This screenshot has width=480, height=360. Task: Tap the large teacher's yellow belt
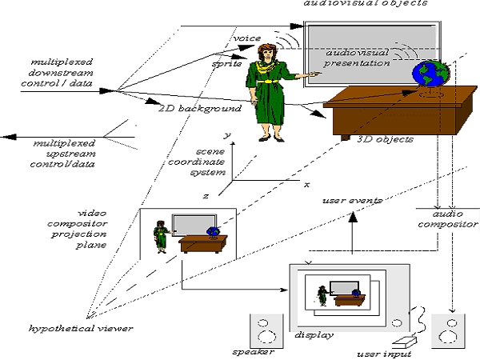[x=267, y=82]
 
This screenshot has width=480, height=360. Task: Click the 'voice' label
[x=247, y=38]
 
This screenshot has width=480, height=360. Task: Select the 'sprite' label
[x=227, y=64]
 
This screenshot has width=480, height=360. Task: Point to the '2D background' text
[x=200, y=109]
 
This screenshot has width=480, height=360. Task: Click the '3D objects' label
[x=385, y=139]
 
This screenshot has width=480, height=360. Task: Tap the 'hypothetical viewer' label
[x=81, y=329]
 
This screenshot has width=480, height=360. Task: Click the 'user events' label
[x=353, y=201]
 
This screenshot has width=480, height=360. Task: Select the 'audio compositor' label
[x=448, y=219]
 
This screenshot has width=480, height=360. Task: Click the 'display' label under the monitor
[x=314, y=335]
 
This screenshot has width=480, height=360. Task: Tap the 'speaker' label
[x=253, y=352]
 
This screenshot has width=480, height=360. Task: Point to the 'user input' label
[x=384, y=354]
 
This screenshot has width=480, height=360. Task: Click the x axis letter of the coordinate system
[x=306, y=185]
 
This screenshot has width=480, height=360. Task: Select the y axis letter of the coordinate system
[x=227, y=135]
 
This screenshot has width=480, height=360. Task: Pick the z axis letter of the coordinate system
[x=206, y=196]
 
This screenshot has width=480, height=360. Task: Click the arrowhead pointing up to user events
[x=353, y=217]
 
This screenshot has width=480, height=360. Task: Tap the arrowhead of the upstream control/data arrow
[x=8, y=137]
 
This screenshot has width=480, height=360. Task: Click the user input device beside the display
[x=405, y=342]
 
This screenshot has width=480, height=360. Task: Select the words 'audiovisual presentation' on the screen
[x=357, y=58]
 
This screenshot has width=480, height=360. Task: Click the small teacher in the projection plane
[x=161, y=237]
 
